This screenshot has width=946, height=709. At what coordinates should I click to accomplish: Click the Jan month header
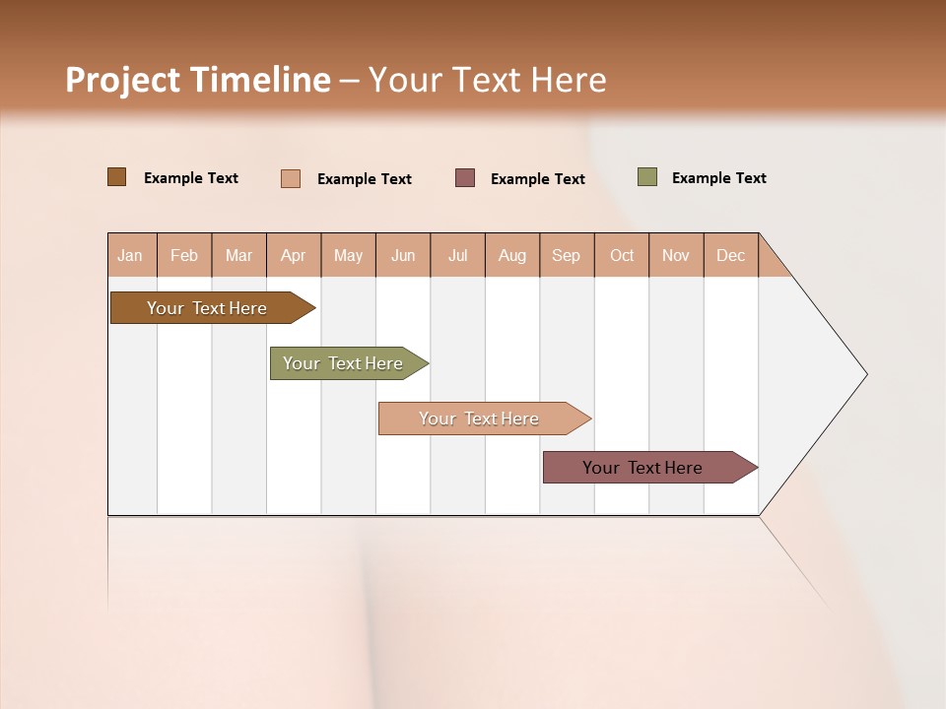point(131,255)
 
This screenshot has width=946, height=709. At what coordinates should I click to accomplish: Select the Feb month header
point(184,255)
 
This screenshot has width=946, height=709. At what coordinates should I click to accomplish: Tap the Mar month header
point(238,255)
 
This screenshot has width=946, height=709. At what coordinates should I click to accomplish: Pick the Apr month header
point(294,255)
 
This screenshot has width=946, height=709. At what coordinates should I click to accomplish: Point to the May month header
point(348,255)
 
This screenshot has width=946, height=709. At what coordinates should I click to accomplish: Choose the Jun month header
point(403,255)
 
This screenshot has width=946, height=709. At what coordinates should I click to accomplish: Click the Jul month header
point(457,255)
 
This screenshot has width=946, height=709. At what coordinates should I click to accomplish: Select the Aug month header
point(512,255)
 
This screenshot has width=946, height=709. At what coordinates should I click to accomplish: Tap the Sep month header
point(567,255)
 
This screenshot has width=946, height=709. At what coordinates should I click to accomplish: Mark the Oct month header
point(622,255)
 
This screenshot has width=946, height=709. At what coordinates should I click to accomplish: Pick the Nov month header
point(676,255)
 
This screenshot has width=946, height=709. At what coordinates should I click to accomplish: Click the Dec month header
point(731,255)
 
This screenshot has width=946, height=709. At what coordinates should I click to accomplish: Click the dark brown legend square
point(117,177)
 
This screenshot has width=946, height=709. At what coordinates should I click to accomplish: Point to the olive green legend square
point(646,177)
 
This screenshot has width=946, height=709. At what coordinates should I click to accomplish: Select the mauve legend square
point(465,177)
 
